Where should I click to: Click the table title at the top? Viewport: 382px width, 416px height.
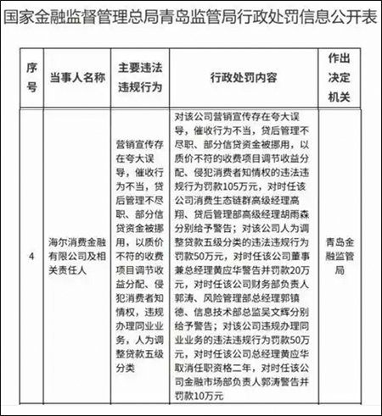(191, 19)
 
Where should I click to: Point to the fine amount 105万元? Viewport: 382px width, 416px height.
(239, 183)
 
